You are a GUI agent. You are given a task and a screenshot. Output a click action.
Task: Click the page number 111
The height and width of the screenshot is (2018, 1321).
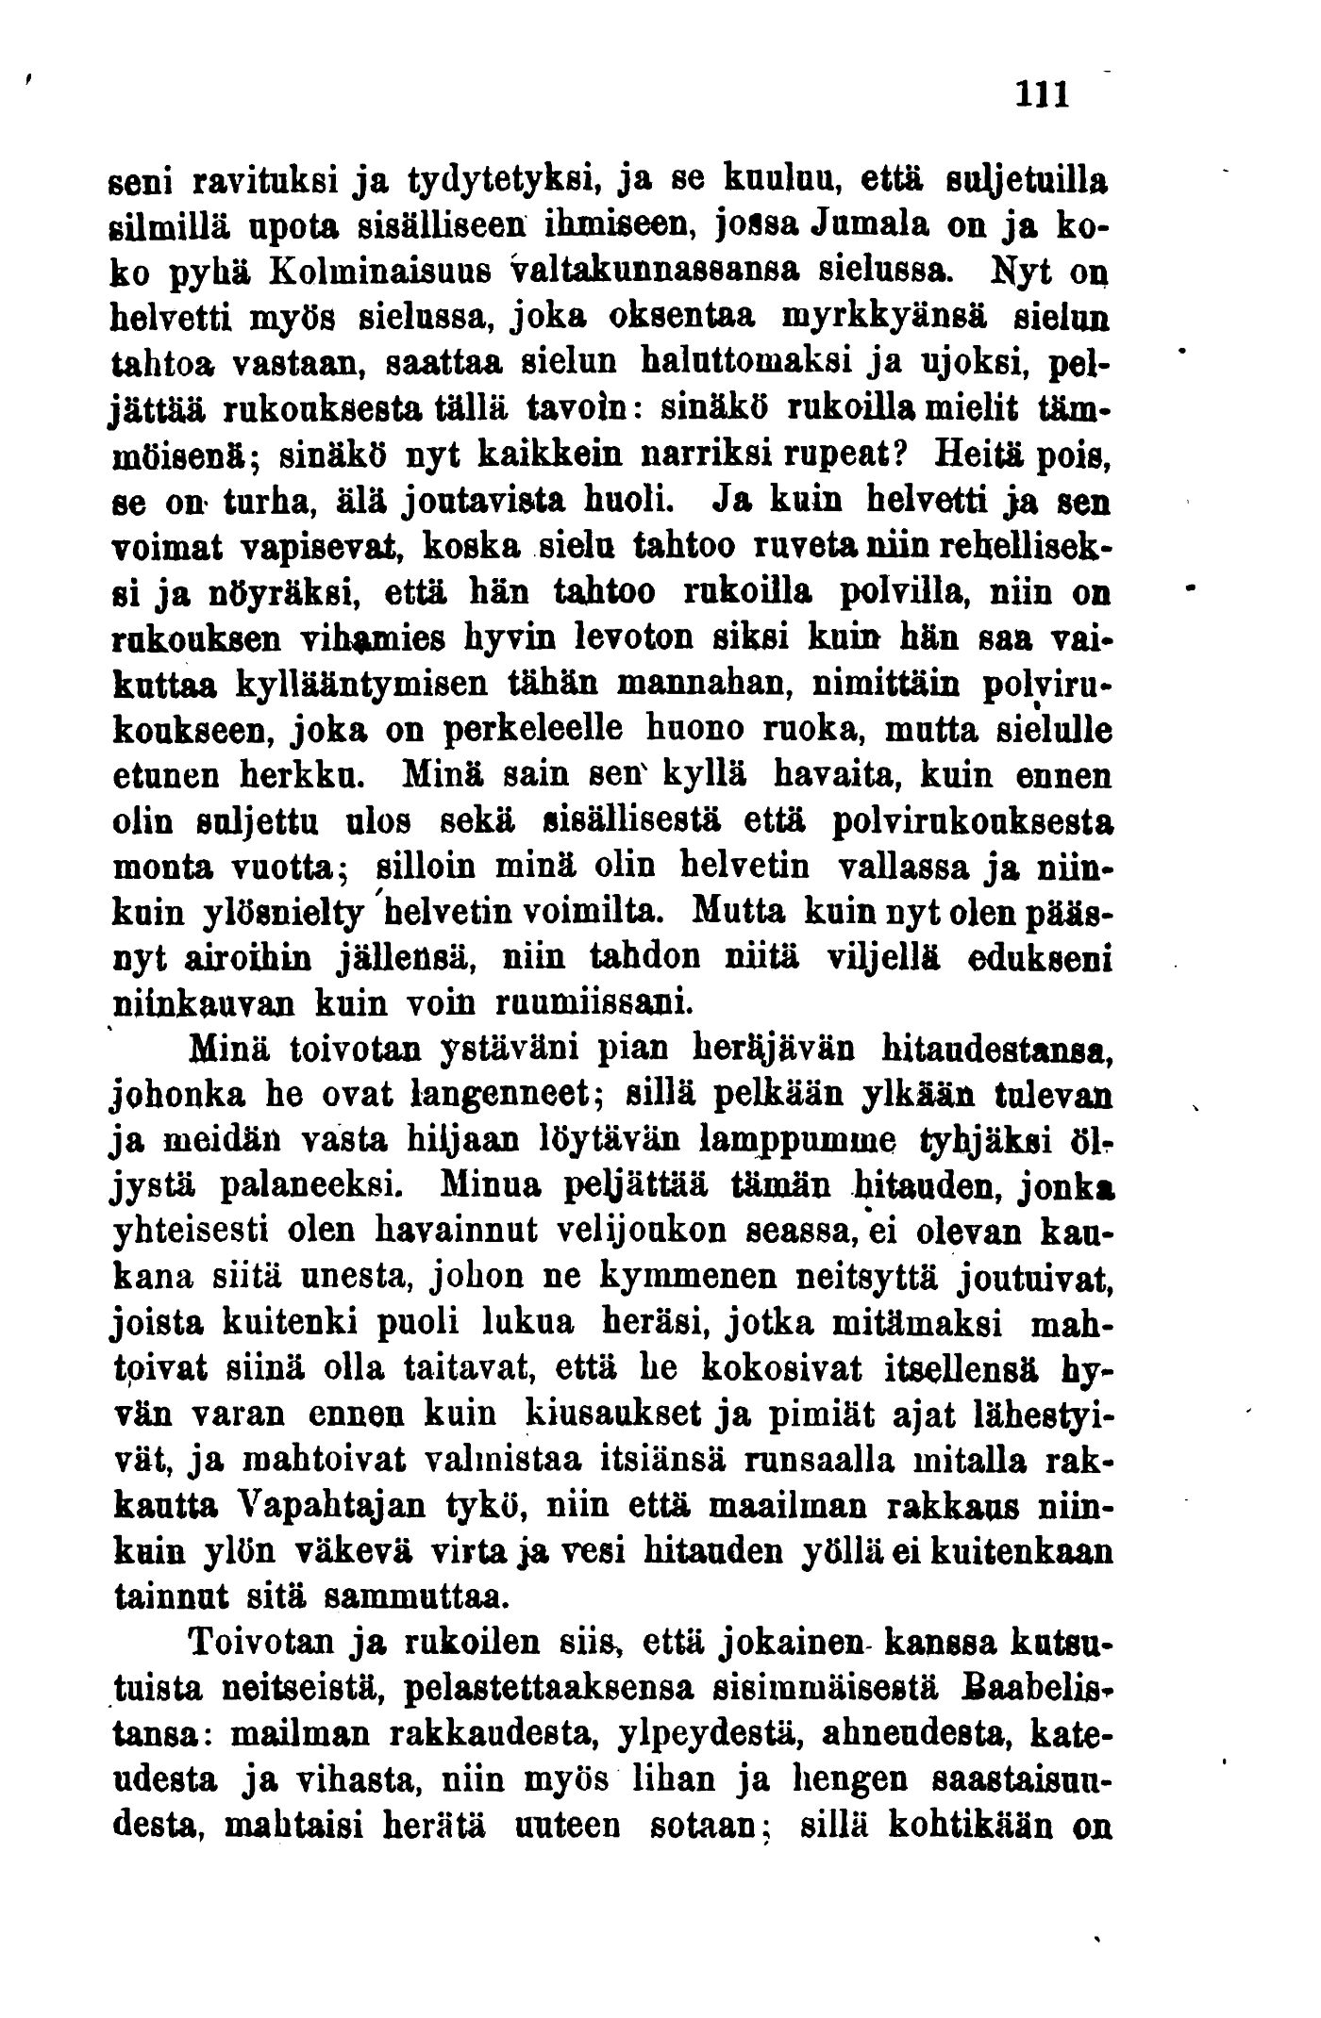(x=1042, y=95)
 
